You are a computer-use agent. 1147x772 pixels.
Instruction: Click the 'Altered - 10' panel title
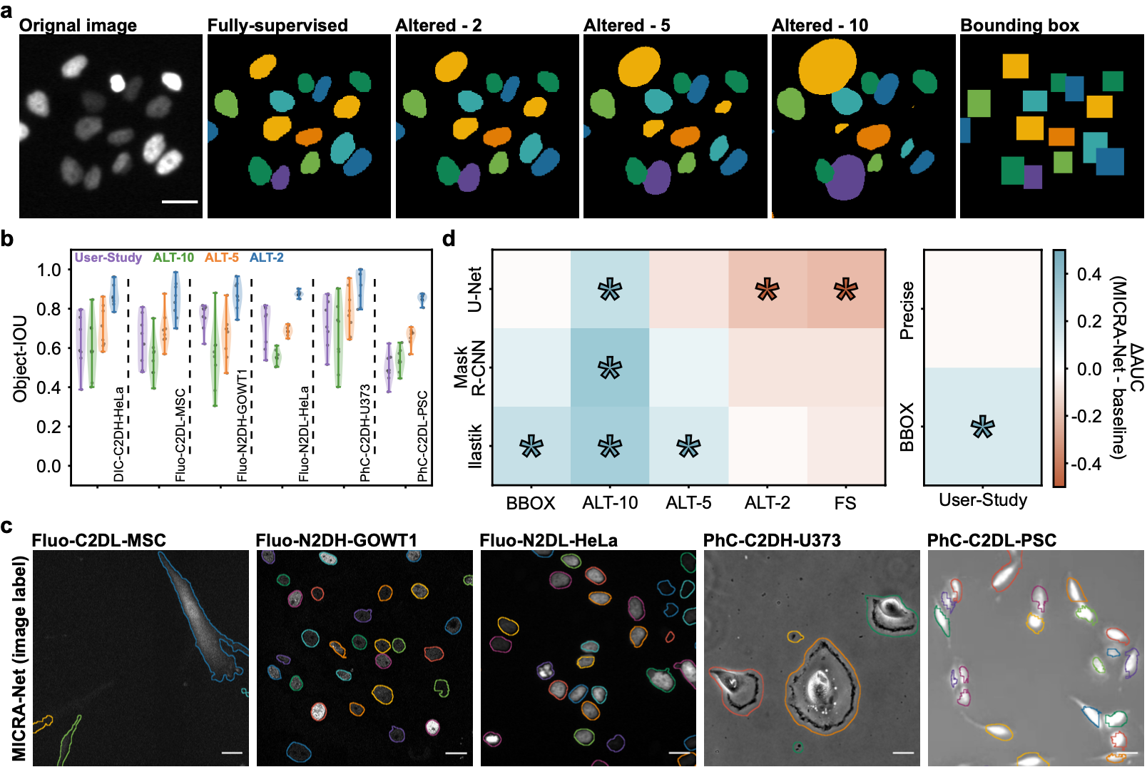pos(820,26)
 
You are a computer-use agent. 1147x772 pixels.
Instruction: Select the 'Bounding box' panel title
pos(1019,26)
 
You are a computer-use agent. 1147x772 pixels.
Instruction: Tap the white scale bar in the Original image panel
pos(180,202)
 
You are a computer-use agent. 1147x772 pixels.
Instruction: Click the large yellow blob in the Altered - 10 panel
pos(827,66)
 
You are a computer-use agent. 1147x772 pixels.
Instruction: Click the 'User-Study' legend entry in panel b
pos(108,258)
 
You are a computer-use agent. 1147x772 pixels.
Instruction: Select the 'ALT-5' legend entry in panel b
pos(222,258)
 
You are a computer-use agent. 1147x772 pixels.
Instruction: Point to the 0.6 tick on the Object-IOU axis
pos(49,348)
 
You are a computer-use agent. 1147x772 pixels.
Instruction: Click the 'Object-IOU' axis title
pos(20,358)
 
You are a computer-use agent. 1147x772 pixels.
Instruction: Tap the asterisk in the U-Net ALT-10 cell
pos(610,290)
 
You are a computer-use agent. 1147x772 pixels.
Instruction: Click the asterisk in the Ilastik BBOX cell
pos(531,447)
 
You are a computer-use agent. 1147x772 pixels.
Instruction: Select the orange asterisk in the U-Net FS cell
pos(845,290)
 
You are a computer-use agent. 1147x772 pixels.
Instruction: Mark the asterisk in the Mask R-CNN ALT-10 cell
pos(610,368)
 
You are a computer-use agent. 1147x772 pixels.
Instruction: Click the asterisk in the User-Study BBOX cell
pos(983,427)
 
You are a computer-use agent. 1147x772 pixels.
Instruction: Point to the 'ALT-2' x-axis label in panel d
pos(767,503)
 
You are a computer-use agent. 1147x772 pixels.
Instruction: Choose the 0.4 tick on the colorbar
pos(1089,275)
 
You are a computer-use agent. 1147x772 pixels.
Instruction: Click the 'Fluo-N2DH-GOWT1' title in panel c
pos(336,541)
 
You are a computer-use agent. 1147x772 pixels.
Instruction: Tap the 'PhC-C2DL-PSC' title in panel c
pos(991,541)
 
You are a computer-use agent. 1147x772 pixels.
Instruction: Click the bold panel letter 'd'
pos(449,239)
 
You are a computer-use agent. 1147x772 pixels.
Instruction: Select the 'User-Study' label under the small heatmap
pos(983,500)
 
